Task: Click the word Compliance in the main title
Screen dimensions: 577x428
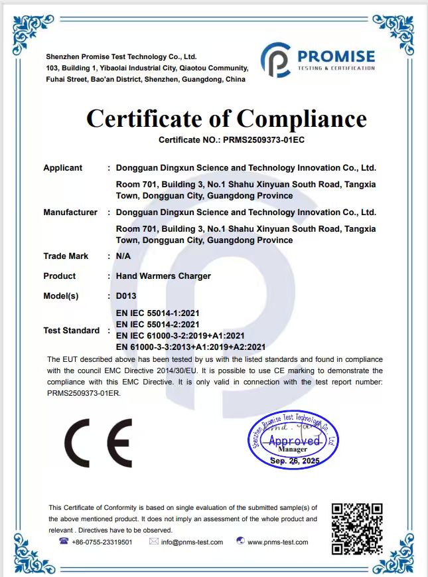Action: [x=302, y=119]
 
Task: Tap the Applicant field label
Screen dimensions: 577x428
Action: [x=63, y=168]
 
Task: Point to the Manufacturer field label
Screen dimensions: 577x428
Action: [x=70, y=212]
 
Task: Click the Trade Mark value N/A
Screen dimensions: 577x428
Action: [x=123, y=256]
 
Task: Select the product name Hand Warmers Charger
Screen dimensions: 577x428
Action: [x=163, y=276]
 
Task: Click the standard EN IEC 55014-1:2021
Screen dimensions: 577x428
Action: [x=158, y=313]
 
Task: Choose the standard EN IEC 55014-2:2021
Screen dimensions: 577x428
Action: [x=158, y=324]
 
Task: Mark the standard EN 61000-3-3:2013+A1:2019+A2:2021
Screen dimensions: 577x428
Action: [x=190, y=347]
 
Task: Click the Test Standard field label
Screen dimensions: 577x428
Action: [x=72, y=330]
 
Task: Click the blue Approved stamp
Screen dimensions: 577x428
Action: [x=293, y=440]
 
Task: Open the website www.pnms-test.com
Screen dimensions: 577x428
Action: [x=277, y=542]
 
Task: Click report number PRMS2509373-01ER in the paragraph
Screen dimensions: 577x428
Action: [x=84, y=393]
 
